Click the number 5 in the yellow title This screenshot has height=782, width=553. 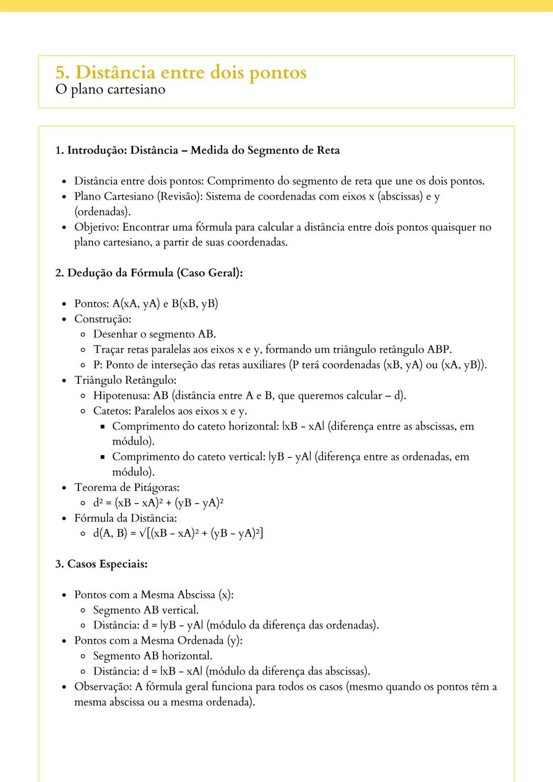61,73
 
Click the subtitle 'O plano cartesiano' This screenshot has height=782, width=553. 110,90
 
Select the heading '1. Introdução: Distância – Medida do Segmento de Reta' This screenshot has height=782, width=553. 197,150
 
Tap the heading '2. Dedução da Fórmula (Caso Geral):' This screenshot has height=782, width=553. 148,273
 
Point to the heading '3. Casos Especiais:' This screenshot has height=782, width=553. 101,564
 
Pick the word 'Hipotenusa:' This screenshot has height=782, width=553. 122,396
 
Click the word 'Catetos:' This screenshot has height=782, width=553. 112,411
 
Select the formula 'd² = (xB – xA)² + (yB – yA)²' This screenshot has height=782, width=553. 158,503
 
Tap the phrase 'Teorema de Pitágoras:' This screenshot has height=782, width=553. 126,488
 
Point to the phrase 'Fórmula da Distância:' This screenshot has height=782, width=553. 125,518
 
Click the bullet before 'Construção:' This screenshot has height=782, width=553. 64,319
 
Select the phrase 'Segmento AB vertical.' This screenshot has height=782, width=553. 145,610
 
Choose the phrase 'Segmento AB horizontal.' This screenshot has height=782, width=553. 152,656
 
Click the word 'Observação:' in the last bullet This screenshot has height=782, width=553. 103,687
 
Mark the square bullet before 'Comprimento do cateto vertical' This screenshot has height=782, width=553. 102,457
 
